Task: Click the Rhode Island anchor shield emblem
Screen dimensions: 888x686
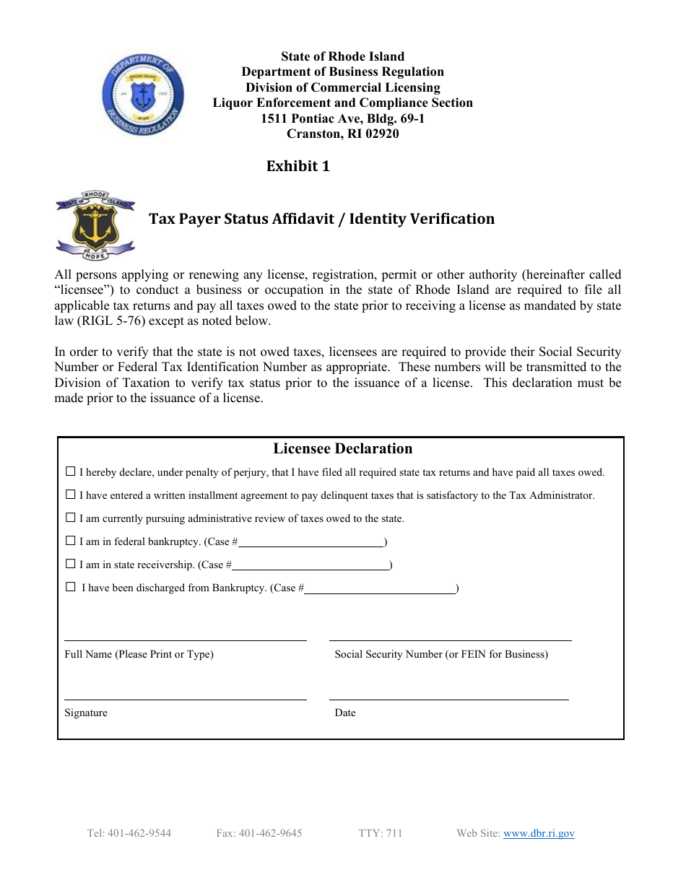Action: [x=95, y=226]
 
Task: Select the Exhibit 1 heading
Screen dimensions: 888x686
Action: [x=298, y=166]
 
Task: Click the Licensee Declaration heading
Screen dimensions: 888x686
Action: [x=342, y=448]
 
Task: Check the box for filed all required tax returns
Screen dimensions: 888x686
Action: [x=70, y=471]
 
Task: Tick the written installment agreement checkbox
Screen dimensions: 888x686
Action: [x=70, y=495]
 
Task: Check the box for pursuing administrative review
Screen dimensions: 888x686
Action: [x=70, y=518]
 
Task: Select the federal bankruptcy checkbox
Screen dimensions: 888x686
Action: [x=70, y=541]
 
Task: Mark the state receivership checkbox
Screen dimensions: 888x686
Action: [x=70, y=564]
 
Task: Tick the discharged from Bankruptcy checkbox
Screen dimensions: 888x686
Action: [x=70, y=587]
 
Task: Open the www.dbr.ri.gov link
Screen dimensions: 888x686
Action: [x=539, y=833]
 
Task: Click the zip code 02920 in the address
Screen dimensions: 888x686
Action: [x=382, y=134]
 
